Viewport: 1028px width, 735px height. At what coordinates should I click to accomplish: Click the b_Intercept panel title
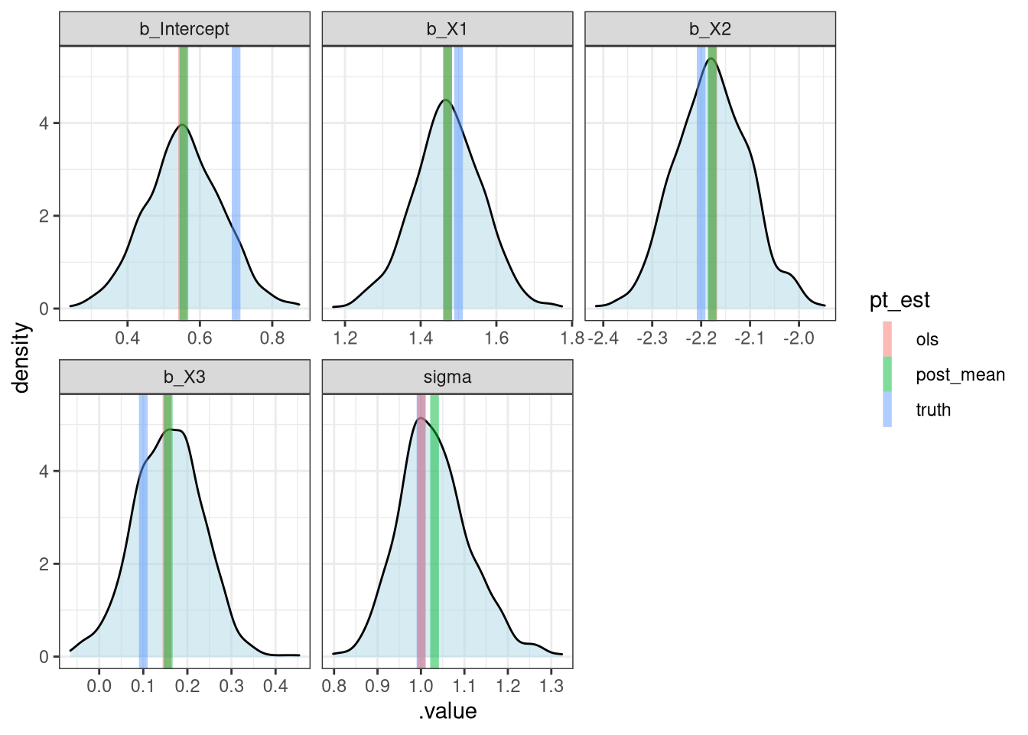pyautogui.click(x=184, y=29)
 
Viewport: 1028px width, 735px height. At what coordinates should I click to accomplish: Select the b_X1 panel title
pyautogui.click(x=447, y=29)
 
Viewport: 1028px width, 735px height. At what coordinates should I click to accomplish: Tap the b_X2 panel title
pyautogui.click(x=710, y=29)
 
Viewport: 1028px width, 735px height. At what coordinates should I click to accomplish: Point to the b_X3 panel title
pyautogui.click(x=184, y=377)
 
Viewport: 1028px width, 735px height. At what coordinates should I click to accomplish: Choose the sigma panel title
pyautogui.click(x=447, y=377)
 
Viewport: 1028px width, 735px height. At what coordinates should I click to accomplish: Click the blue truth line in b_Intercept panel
pyautogui.click(x=236, y=184)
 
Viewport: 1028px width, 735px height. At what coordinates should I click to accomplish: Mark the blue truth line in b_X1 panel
pyautogui.click(x=458, y=184)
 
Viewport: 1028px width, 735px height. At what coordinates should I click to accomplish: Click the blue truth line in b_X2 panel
pyautogui.click(x=700, y=184)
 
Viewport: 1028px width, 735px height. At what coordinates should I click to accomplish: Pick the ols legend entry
pyautogui.click(x=926, y=339)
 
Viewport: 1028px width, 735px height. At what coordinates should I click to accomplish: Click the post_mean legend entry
pyautogui.click(x=960, y=374)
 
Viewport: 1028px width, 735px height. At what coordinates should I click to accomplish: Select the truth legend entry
pyautogui.click(x=933, y=410)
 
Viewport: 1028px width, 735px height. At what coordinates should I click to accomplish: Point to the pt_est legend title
pyautogui.click(x=899, y=300)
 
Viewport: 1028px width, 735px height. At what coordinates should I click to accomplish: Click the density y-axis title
pyautogui.click(x=21, y=358)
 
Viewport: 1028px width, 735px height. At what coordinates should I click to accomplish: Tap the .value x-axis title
pyautogui.click(x=447, y=711)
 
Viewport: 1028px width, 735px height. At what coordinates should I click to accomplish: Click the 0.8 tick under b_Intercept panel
pyautogui.click(x=272, y=338)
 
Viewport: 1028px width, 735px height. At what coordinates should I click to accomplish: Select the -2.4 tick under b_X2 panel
pyautogui.click(x=603, y=338)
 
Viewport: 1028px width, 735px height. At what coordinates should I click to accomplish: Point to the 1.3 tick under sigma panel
pyautogui.click(x=551, y=686)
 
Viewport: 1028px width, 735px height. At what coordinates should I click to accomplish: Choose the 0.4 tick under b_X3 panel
pyautogui.click(x=275, y=686)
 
